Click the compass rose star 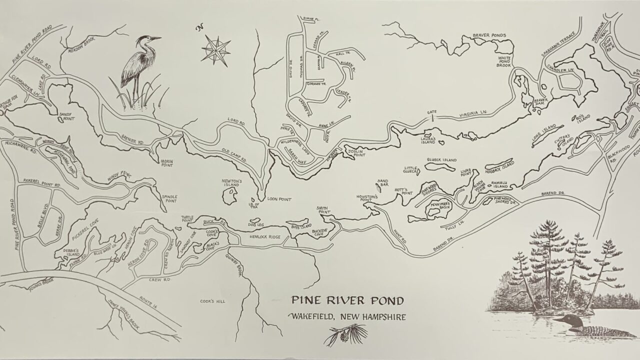click(x=215, y=49)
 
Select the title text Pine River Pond click(x=347, y=301)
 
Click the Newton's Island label click(x=231, y=183)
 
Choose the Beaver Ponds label click(x=489, y=35)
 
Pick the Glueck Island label click(x=441, y=160)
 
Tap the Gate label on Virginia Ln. click(x=431, y=111)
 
